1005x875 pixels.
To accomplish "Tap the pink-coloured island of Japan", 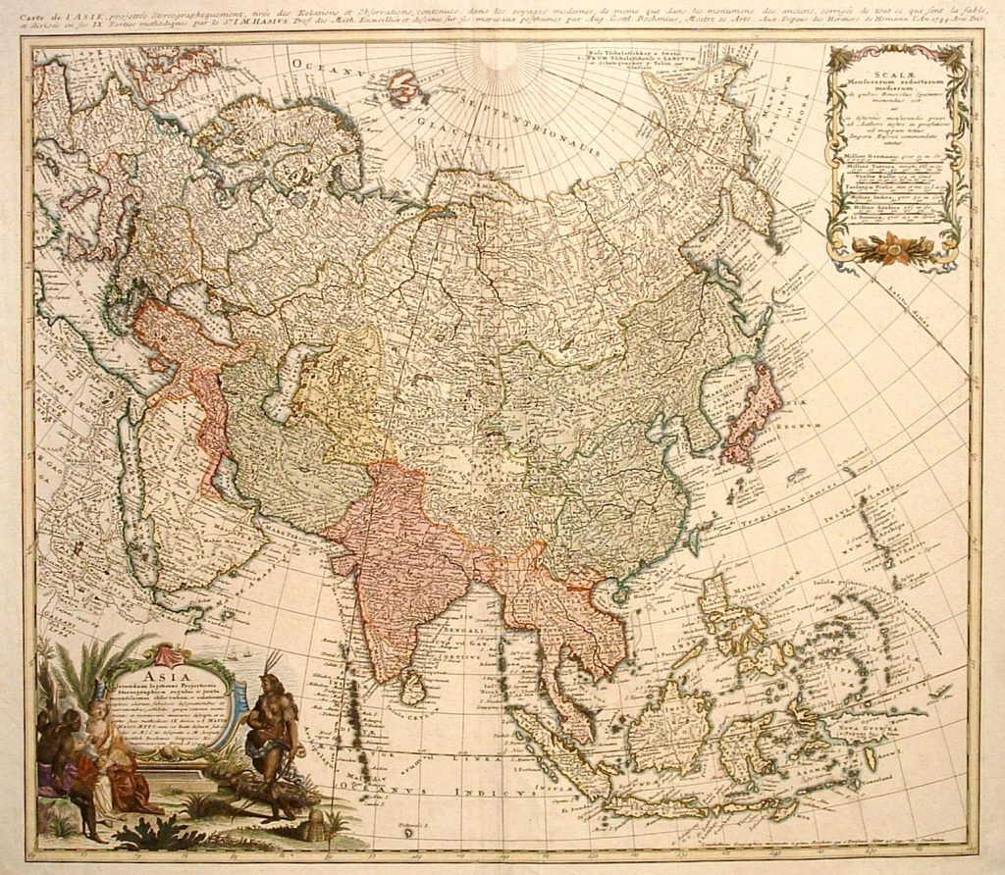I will coord(753,412).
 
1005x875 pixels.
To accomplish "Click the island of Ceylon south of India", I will coord(413,688).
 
